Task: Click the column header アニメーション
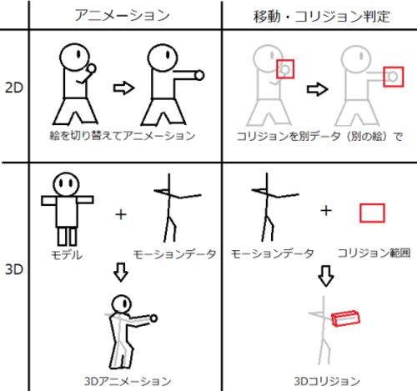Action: [x=122, y=16]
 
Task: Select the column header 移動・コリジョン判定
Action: [x=322, y=16]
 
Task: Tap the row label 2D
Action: [x=14, y=88]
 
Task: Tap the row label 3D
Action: [x=14, y=269]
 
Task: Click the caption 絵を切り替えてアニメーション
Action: [x=123, y=136]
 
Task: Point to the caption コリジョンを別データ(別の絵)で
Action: [x=319, y=136]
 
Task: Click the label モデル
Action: [x=67, y=254]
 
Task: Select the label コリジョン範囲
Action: [x=374, y=253]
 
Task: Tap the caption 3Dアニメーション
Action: [x=128, y=381]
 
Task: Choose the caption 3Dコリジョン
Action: [x=327, y=381]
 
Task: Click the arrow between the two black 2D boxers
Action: [x=123, y=88]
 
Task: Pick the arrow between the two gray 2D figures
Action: [x=318, y=89]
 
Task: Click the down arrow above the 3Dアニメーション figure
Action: [x=121, y=272]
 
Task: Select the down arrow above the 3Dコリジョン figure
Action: [x=326, y=276]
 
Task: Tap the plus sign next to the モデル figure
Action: [x=121, y=214]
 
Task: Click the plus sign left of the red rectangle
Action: [x=326, y=210]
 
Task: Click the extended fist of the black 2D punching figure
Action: [x=199, y=75]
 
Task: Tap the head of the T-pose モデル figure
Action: [x=67, y=184]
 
